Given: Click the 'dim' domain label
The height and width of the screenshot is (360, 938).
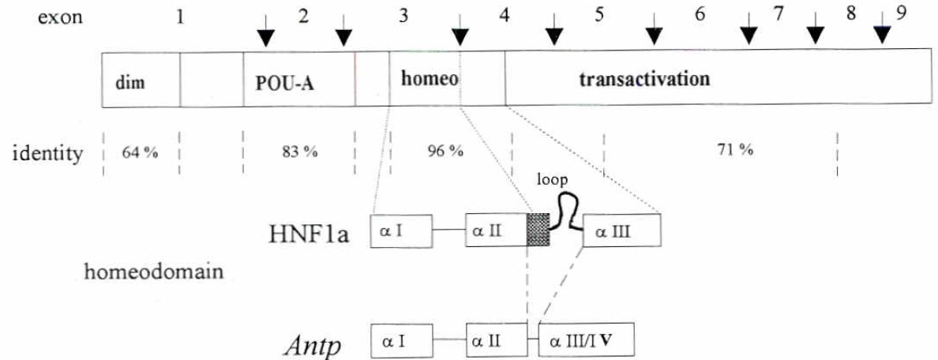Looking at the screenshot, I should [x=128, y=81].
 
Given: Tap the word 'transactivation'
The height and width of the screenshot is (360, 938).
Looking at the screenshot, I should [x=644, y=79].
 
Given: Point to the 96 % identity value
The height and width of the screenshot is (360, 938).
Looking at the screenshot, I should [x=444, y=151].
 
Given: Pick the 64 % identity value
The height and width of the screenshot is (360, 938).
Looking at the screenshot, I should [x=139, y=152].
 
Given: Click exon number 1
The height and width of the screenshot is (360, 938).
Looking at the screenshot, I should [x=181, y=17].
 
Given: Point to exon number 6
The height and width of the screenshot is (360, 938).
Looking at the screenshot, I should [x=700, y=17].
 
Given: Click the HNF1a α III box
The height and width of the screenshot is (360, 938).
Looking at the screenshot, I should [x=621, y=232].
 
